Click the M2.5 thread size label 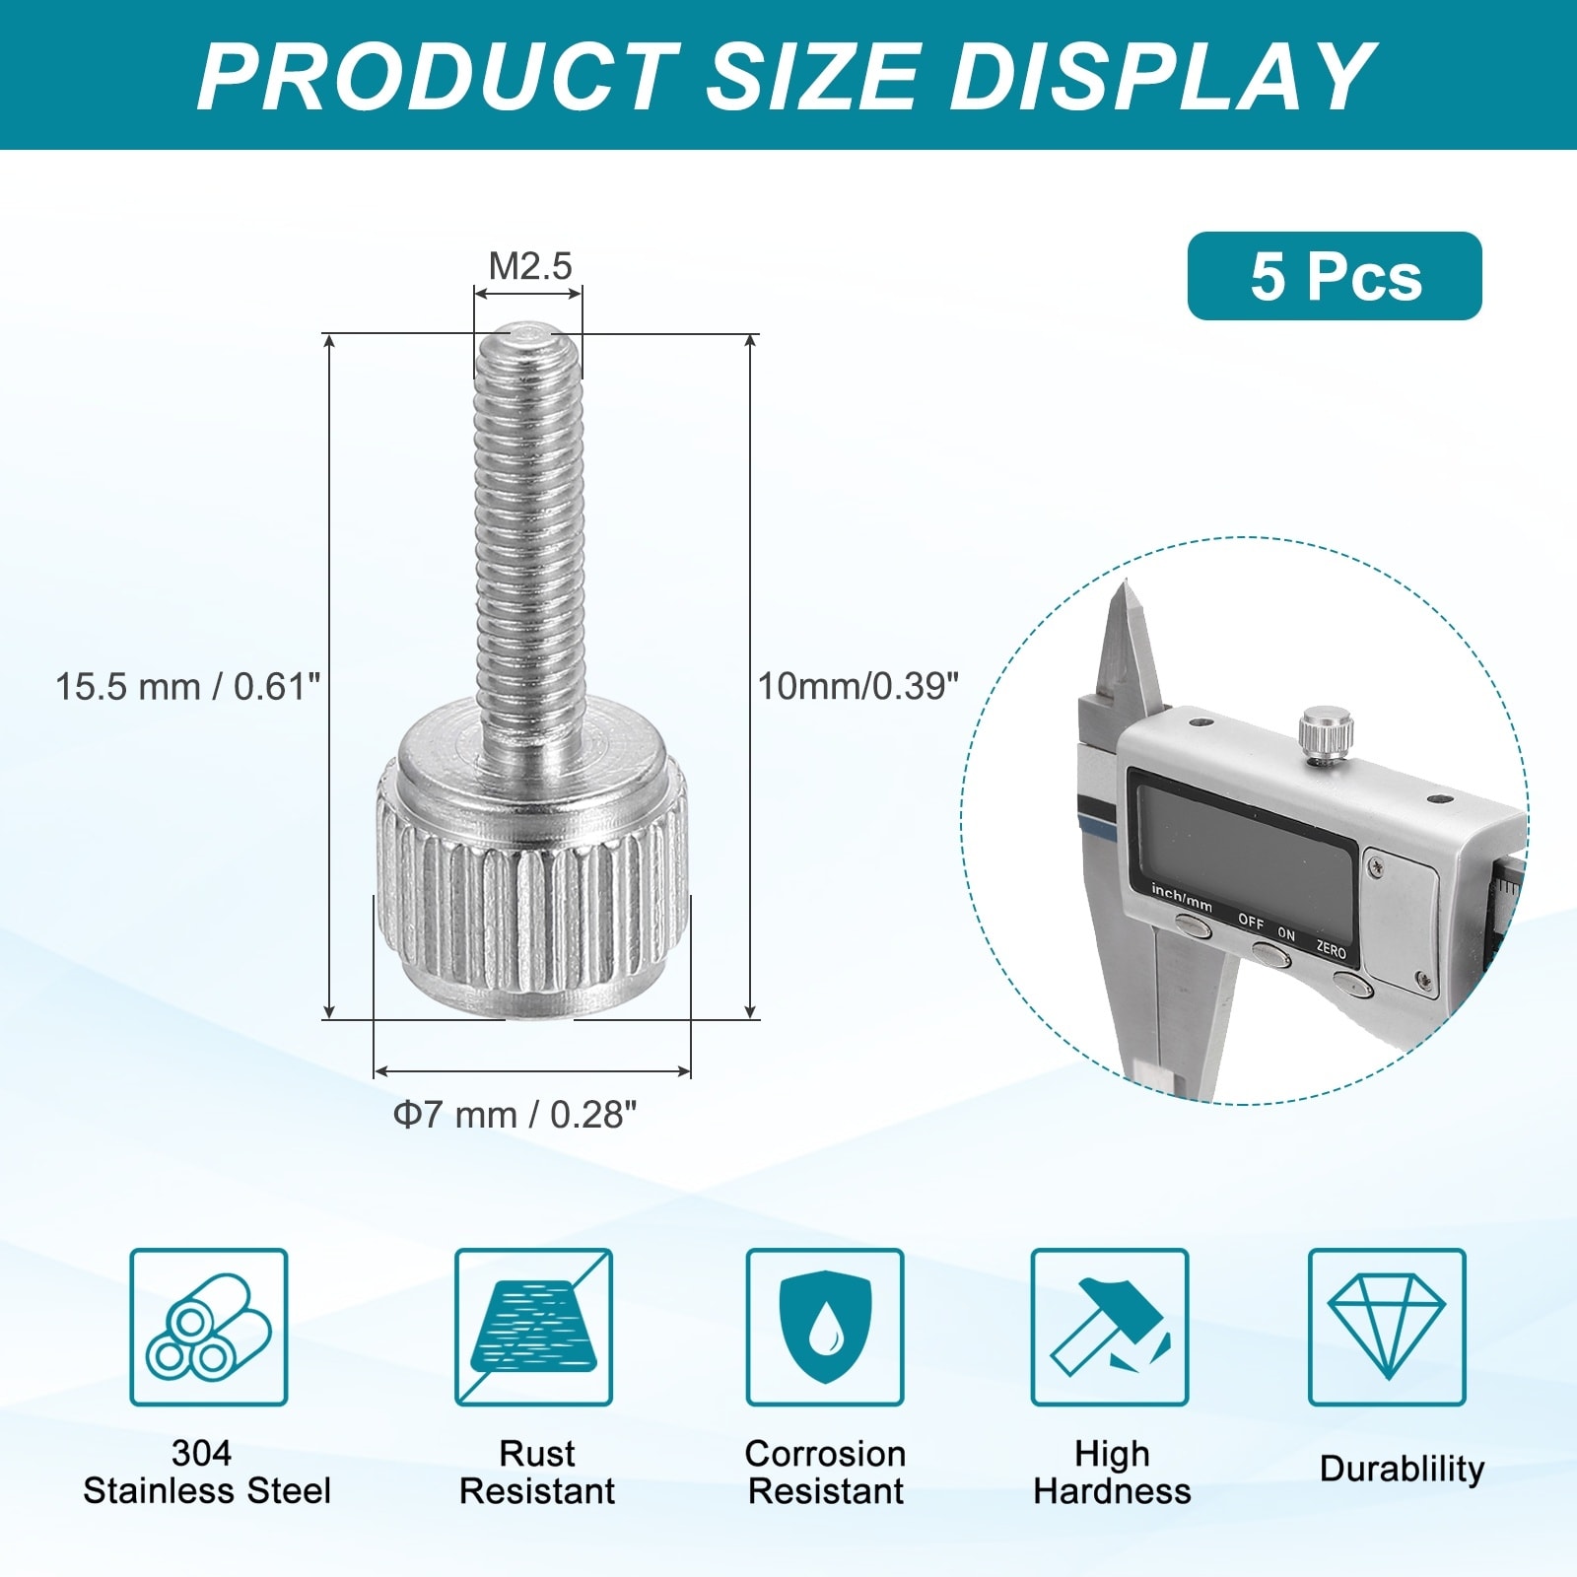[530, 265]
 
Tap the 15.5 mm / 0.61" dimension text [188, 686]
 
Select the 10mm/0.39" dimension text [857, 686]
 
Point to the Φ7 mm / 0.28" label [514, 1115]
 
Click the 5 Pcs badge [1335, 276]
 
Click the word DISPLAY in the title [1163, 76]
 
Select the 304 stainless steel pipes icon [209, 1327]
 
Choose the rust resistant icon [533, 1327]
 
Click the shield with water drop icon [825, 1327]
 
